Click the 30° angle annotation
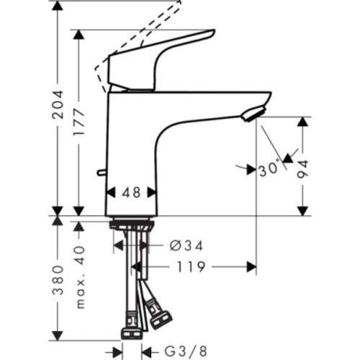[269, 170]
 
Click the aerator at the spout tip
[251, 114]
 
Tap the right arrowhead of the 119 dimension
[251, 266]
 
